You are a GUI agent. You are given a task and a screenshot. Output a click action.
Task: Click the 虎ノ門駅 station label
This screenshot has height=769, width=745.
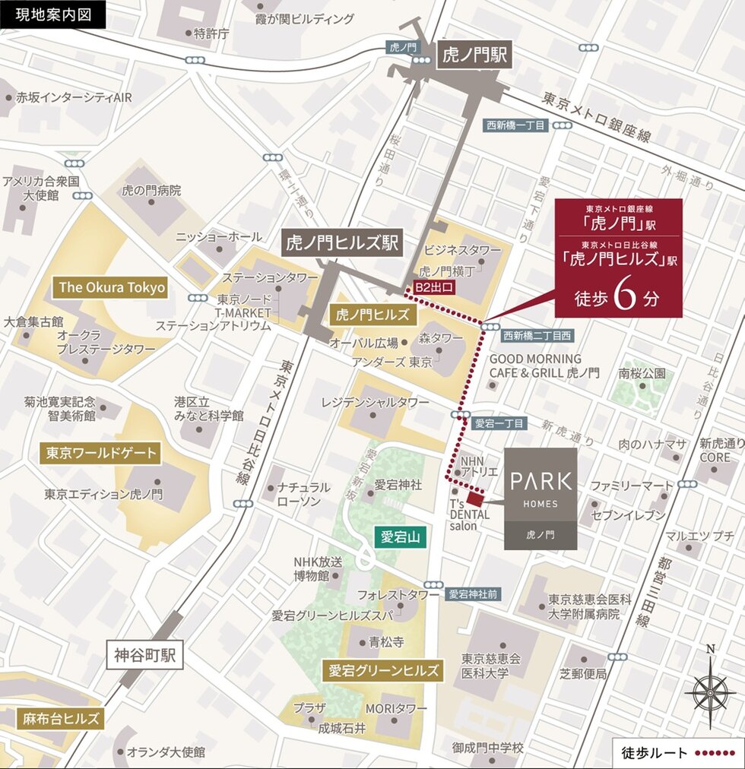point(475,55)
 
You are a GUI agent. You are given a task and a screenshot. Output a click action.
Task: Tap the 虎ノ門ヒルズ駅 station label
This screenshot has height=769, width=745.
point(343,242)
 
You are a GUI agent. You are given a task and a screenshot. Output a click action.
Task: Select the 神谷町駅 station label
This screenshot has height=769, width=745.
point(145,655)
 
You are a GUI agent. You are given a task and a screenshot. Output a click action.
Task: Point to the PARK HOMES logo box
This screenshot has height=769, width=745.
point(541,498)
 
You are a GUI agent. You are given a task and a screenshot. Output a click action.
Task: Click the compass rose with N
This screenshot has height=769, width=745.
point(710,690)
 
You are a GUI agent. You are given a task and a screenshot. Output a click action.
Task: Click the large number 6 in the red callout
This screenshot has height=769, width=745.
point(623,298)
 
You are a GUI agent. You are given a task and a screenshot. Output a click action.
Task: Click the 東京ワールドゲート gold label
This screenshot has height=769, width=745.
point(101,454)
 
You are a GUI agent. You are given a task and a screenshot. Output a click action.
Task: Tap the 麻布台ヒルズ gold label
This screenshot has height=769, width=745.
point(61,718)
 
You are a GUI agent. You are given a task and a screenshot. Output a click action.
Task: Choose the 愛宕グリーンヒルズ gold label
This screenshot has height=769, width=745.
point(384,670)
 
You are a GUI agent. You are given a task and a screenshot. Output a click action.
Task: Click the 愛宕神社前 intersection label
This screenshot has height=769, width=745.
point(472,594)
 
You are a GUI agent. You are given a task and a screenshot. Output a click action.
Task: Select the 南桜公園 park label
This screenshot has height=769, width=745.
point(642,373)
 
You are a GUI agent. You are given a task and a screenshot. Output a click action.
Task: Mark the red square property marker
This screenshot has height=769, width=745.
point(474,499)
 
